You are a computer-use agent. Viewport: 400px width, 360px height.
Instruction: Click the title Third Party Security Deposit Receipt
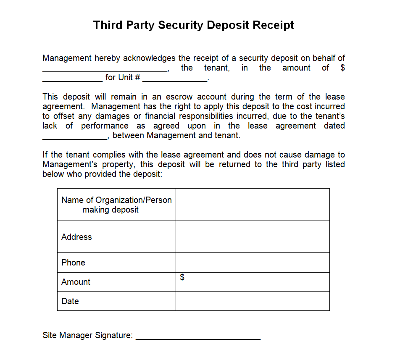(194, 25)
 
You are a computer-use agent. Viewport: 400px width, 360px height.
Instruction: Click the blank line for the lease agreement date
(75, 138)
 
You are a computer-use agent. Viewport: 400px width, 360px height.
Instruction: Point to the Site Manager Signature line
(198, 338)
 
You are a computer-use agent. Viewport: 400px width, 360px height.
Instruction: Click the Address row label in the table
(76, 237)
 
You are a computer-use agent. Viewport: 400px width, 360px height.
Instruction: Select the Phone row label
(73, 263)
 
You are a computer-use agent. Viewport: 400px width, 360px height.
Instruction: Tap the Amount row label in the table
(76, 282)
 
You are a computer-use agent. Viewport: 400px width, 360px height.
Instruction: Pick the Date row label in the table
(70, 301)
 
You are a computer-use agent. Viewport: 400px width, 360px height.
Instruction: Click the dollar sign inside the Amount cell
(182, 277)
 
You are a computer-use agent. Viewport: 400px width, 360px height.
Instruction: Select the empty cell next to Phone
(253, 263)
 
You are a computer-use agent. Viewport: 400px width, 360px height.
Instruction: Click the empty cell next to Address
(253, 236)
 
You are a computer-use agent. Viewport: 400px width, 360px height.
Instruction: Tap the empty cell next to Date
(253, 301)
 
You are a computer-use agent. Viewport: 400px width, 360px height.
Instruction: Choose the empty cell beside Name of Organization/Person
(253, 205)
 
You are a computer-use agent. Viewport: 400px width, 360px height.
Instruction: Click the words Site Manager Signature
(87, 335)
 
